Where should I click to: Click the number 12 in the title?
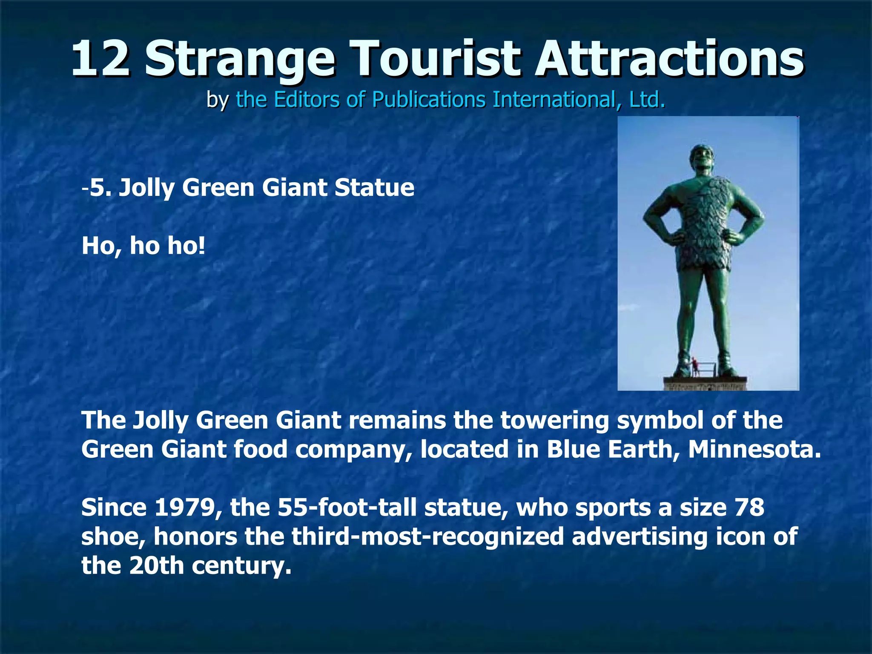click(x=100, y=58)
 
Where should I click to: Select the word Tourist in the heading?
click(x=436, y=58)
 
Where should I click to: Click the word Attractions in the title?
click(x=669, y=58)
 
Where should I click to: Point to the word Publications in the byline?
click(x=428, y=100)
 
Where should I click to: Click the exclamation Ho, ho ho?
click(x=143, y=246)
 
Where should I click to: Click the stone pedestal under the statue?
click(x=706, y=384)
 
